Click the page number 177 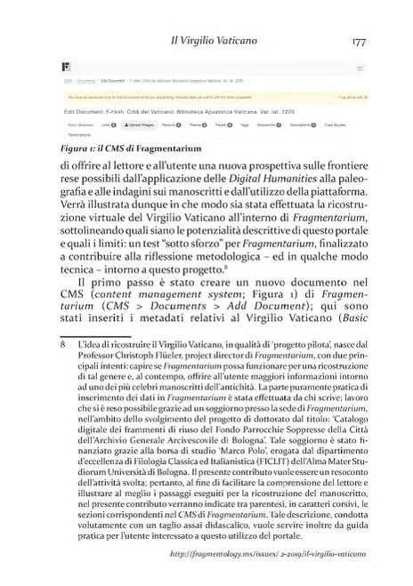point(360,41)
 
